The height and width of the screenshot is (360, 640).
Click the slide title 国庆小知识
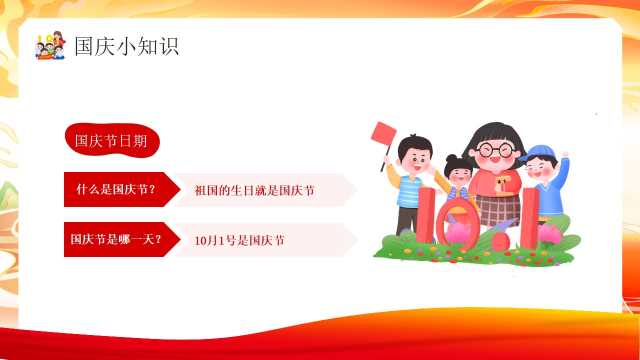[x=127, y=46]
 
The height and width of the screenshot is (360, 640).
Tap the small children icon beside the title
[x=50, y=45]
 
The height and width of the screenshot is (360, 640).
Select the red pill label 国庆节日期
[x=112, y=140]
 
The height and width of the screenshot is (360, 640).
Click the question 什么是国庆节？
[x=116, y=189]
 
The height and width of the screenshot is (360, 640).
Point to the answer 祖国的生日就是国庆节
[x=254, y=191]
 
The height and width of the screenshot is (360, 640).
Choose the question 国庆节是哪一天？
[x=116, y=239]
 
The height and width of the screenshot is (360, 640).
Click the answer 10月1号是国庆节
[x=239, y=240]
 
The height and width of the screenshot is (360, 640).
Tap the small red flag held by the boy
[x=384, y=133]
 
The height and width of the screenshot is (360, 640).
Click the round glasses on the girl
[x=495, y=149]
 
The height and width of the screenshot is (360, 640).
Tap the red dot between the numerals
[x=501, y=242]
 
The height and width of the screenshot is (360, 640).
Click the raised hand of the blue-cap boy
[x=564, y=156]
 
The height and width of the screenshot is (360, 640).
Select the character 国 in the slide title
[x=84, y=46]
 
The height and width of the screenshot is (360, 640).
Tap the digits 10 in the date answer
[x=201, y=241]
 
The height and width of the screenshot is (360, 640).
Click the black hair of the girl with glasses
[x=495, y=136]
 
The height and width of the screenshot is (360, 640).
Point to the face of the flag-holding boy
[x=416, y=160]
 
